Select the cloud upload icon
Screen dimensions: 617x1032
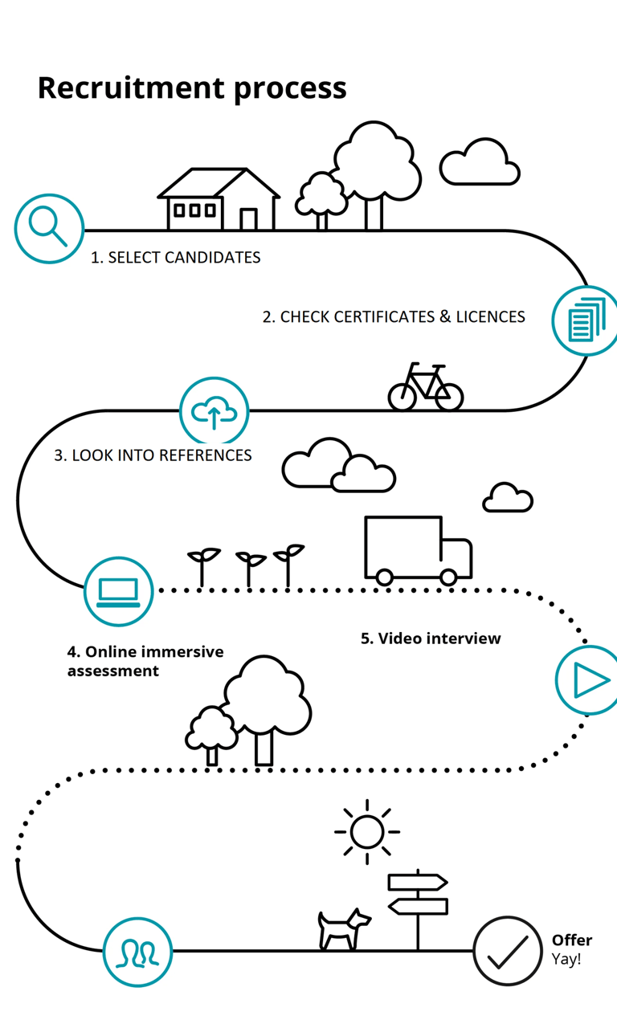pos(214,411)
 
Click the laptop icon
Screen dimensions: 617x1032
pos(118,592)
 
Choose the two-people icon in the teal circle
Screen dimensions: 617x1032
pos(137,952)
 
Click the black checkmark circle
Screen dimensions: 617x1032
pos(508,951)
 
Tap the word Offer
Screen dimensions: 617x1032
pos(572,940)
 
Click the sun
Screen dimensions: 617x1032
pos(367,831)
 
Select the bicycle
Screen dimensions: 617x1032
pos(425,386)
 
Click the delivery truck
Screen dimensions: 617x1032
pos(418,550)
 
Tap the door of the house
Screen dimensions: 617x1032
pos(248,219)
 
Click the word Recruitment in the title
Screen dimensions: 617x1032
pos(131,88)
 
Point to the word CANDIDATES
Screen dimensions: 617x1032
pos(212,258)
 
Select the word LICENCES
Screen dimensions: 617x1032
pos(490,317)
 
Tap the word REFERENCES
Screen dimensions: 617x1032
pos(206,455)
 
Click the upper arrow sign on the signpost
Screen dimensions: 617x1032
pos(418,883)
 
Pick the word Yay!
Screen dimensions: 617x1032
pos(566,959)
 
